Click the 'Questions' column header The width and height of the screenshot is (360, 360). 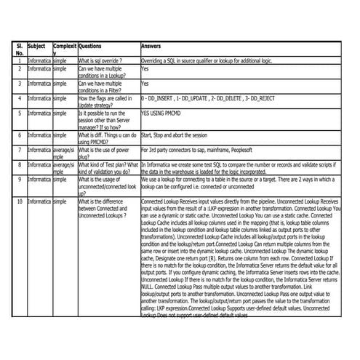(89, 44)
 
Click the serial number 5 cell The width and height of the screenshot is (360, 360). (19, 114)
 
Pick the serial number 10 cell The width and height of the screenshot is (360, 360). (19, 200)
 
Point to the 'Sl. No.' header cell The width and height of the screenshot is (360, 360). (20, 49)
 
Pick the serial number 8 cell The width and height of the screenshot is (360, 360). (19, 164)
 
